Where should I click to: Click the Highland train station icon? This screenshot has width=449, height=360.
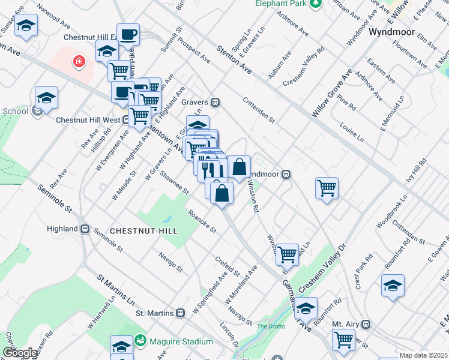85,229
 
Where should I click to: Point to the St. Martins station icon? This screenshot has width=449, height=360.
180,313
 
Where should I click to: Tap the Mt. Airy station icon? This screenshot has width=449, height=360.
366,324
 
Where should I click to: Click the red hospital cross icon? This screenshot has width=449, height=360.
77,61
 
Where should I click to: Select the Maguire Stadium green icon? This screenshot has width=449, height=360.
141,341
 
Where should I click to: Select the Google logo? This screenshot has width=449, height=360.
20,353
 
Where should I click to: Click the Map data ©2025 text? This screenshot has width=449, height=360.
424,355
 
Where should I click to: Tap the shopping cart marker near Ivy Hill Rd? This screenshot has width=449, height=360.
327,188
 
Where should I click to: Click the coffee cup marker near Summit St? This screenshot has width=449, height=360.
128,34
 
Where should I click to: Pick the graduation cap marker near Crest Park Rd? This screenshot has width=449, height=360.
393,286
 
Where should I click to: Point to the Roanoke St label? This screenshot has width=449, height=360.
202,219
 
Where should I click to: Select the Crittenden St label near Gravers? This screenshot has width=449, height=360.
259,110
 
